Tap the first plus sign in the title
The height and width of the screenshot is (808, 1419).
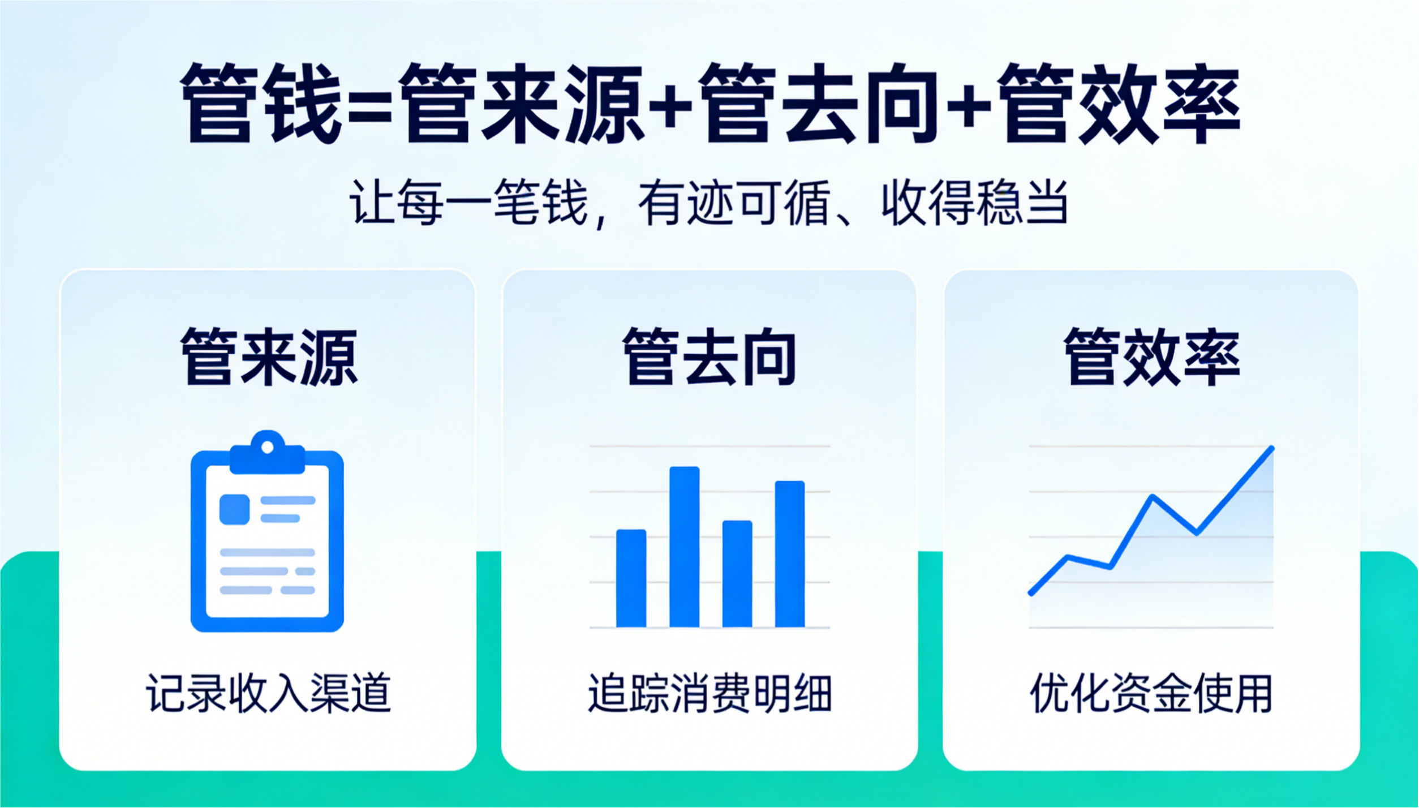(x=671, y=106)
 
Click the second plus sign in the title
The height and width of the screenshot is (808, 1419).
(x=968, y=106)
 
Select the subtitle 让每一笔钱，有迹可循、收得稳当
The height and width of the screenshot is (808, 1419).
(x=708, y=203)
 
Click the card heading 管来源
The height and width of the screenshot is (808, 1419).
(x=269, y=358)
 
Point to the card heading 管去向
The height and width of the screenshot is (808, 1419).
(x=709, y=358)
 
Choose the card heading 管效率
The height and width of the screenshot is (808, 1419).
(x=1152, y=358)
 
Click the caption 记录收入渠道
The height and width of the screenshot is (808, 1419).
(x=268, y=693)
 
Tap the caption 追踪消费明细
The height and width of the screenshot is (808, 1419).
(x=709, y=693)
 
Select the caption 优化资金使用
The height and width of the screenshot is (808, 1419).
(x=1151, y=693)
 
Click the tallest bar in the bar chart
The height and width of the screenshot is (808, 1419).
(x=684, y=547)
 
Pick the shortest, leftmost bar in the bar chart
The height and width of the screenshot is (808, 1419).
(x=631, y=578)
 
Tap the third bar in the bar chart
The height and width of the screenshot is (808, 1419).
(x=737, y=573)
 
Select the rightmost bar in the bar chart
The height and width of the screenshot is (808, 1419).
(x=790, y=553)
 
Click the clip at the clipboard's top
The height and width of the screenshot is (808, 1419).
(x=268, y=453)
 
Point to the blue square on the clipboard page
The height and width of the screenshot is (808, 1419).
(x=234, y=509)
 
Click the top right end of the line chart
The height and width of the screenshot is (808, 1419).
(x=1272, y=449)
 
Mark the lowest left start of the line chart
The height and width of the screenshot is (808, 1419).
(x=1031, y=593)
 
